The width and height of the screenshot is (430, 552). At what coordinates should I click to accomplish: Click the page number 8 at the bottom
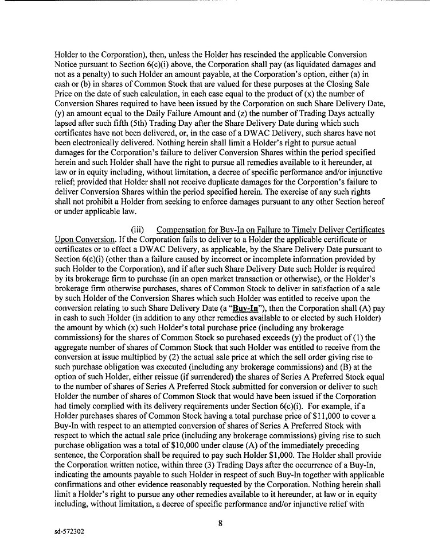(x=220, y=523)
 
